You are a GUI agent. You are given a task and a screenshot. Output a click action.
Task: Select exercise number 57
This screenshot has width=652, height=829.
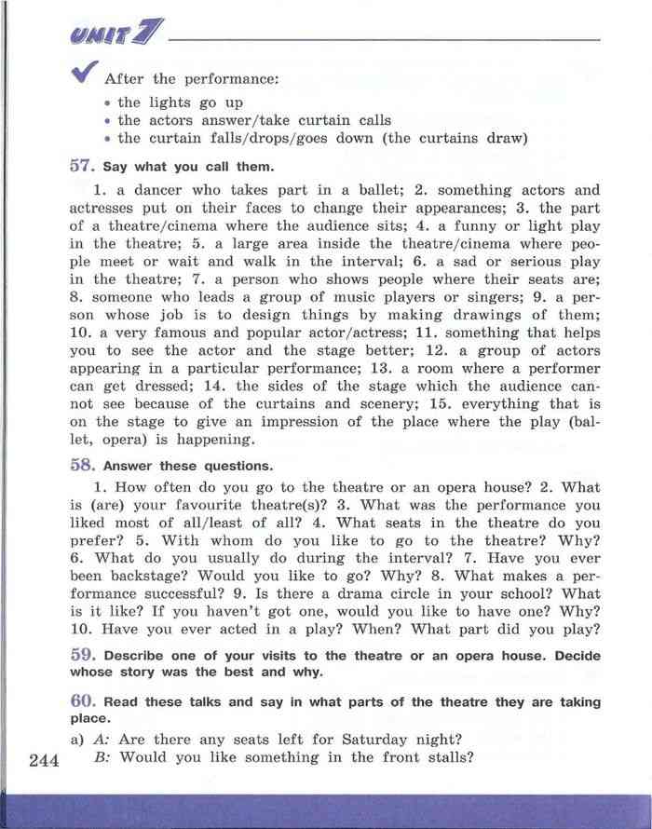(82, 166)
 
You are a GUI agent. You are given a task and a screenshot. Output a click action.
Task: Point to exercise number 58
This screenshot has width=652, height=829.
(82, 464)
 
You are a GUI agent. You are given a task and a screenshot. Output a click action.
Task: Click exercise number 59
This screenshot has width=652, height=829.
(82, 654)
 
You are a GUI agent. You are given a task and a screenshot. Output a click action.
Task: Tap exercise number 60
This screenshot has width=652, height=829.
(82, 700)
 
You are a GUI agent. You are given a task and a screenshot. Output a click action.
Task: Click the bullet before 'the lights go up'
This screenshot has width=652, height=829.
(109, 103)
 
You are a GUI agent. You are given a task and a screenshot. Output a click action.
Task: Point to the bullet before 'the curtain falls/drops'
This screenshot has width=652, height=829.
(109, 140)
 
